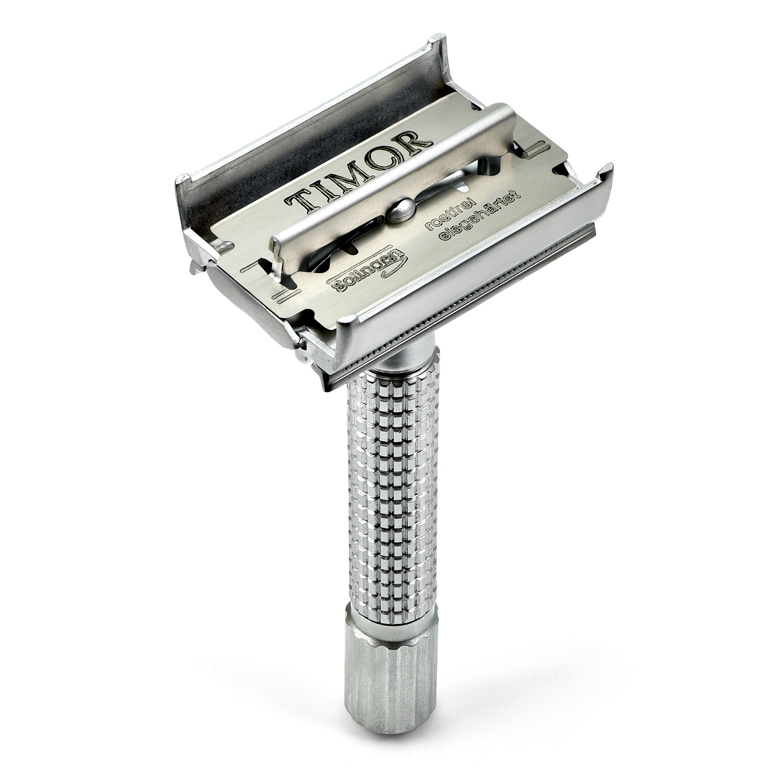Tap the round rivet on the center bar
pyautogui.click(x=402, y=210)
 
